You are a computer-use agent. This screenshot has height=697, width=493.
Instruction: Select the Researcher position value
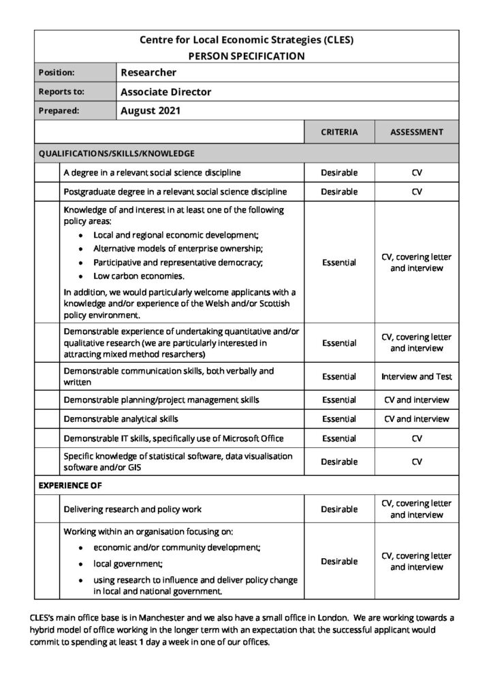tap(148, 72)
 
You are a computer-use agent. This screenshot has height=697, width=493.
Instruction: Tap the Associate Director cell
tap(165, 91)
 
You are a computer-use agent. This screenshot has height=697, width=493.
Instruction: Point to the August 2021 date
tap(150, 110)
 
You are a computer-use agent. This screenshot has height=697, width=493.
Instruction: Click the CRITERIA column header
tap(338, 132)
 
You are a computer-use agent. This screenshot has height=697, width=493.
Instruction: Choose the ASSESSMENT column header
tap(416, 132)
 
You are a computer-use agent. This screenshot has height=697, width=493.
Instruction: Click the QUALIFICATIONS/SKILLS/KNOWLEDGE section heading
tap(116, 153)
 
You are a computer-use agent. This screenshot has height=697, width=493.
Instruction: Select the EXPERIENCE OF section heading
tap(69, 487)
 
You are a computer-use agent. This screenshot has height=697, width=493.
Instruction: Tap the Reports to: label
tap(61, 91)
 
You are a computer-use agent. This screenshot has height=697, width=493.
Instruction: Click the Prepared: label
tap(59, 110)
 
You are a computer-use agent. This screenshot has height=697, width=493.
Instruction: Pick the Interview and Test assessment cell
tap(416, 376)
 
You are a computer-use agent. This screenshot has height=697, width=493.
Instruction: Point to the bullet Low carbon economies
tap(139, 276)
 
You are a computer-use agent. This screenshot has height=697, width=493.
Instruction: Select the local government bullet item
tap(128, 564)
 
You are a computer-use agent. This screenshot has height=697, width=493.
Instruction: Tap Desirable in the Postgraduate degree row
tap(338, 192)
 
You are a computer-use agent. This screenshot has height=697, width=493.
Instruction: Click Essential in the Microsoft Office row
tap(338, 438)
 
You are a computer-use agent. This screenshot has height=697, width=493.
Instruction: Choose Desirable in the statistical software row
tap(338, 462)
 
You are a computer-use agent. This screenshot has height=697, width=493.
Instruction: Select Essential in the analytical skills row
tap(338, 419)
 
